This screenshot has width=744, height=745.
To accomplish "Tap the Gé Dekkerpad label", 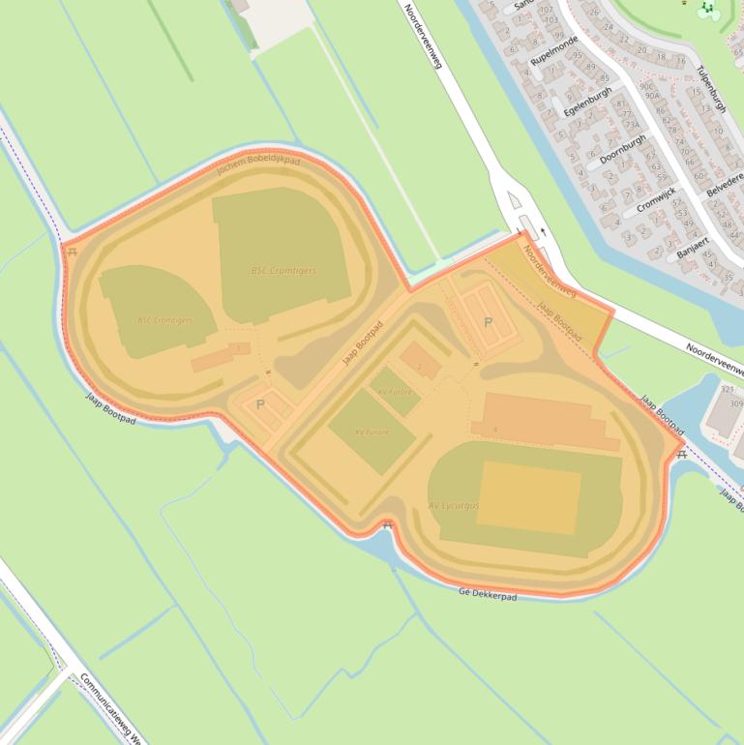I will [x=488, y=593].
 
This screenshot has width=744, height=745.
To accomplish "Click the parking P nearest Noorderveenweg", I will [x=488, y=322].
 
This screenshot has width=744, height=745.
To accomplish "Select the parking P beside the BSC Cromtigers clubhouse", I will [x=259, y=404].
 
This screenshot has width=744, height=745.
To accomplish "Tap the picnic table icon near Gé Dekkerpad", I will [x=387, y=525].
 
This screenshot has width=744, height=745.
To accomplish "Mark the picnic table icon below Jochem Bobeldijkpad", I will [x=72, y=252].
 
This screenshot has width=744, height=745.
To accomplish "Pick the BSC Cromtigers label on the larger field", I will [x=283, y=271].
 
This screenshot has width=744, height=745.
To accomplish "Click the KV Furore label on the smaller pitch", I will [x=395, y=391].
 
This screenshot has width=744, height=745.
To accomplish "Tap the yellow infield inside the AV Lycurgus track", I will [x=528, y=495].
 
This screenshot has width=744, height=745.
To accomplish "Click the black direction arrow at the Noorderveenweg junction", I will [x=543, y=231].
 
